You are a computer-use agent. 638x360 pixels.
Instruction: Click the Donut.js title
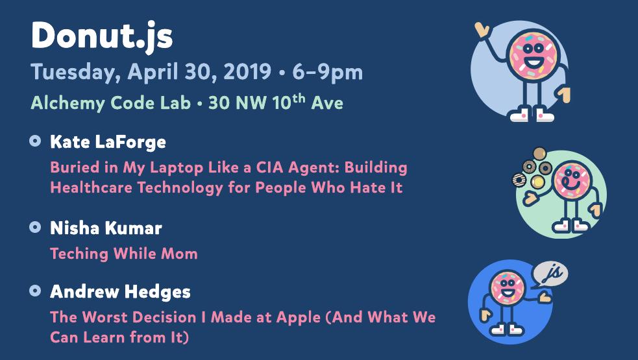[x=102, y=36]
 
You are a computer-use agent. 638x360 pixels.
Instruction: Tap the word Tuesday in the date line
[x=75, y=73]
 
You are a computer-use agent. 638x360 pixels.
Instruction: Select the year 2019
[x=247, y=71]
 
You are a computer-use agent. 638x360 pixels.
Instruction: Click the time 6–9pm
[x=327, y=73]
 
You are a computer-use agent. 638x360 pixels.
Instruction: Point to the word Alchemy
[x=68, y=103]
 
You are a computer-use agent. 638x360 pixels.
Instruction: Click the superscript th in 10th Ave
[x=299, y=98]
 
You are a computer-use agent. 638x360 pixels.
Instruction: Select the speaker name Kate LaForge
[x=108, y=141]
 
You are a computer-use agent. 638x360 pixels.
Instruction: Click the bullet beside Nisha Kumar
[x=36, y=227]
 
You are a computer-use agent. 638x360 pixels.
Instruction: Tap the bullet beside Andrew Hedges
[x=36, y=291]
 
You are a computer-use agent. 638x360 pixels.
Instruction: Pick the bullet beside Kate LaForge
[x=36, y=141]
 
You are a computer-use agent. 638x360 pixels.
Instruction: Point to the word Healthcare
[x=91, y=187]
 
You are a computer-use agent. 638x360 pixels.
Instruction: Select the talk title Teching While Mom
[x=124, y=254]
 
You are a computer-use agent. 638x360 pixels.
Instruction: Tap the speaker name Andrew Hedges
[x=121, y=292]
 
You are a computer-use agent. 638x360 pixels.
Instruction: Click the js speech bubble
[x=550, y=274]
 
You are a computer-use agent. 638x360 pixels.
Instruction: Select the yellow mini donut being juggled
[x=538, y=182]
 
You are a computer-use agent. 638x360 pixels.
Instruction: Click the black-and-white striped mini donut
[x=519, y=180]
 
